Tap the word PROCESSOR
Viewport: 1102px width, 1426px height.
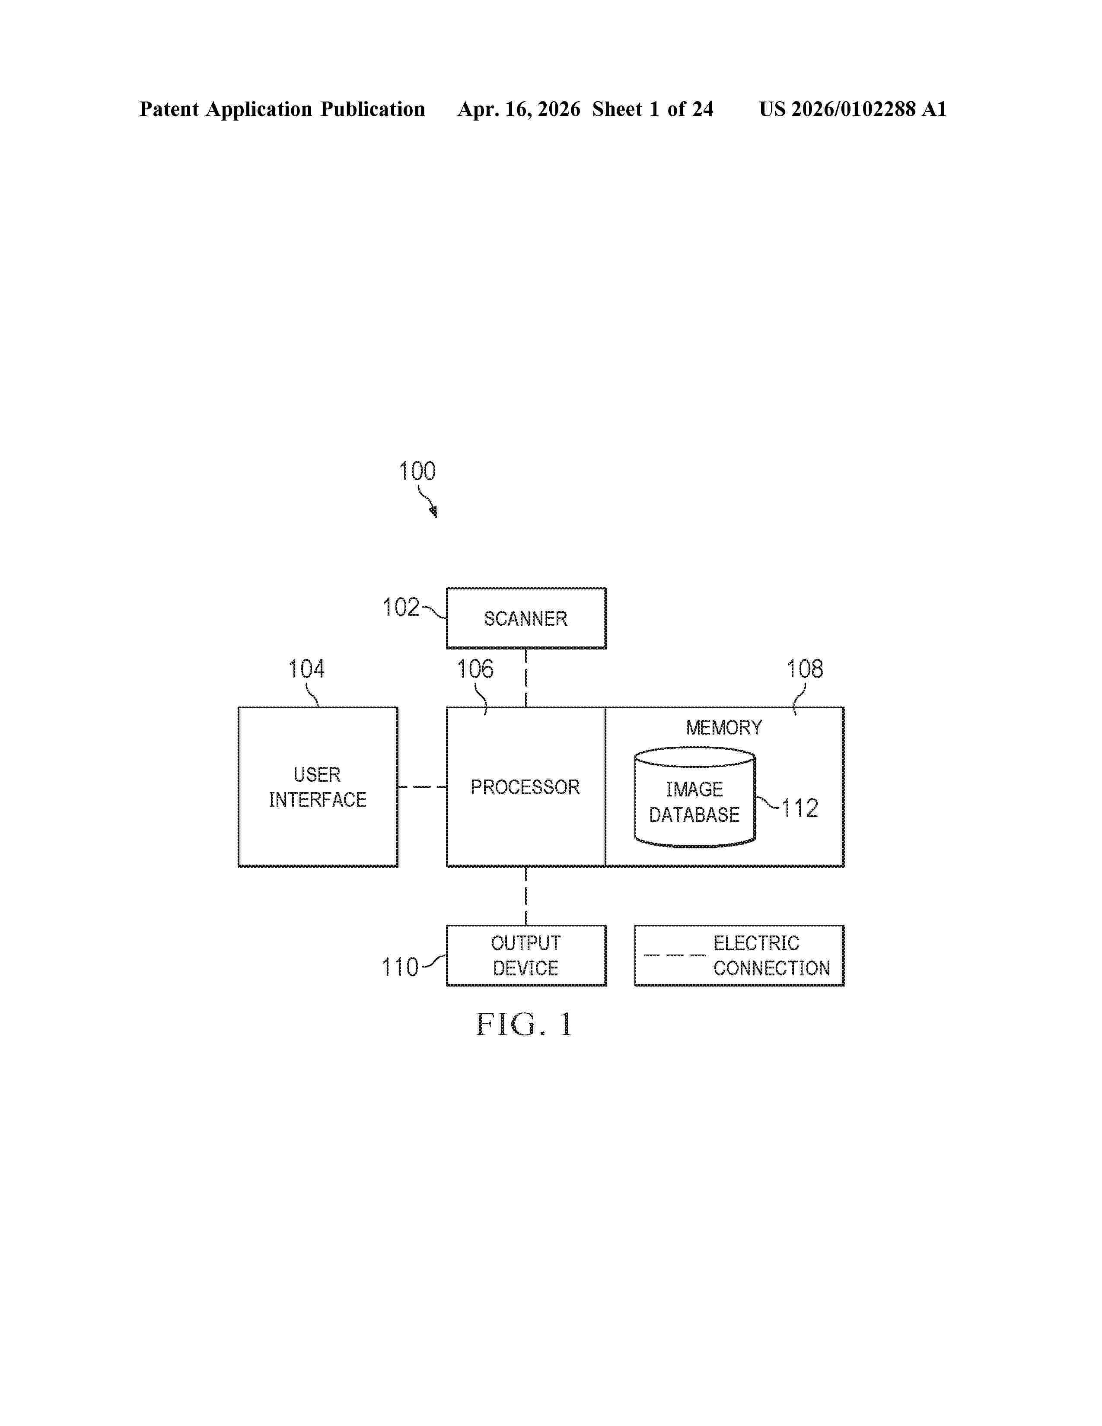point(525,787)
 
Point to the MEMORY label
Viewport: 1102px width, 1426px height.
point(723,727)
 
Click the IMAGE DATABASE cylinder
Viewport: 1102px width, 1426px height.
point(694,797)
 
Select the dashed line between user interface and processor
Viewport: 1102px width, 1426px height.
point(422,787)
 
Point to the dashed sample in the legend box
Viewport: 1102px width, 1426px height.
point(675,955)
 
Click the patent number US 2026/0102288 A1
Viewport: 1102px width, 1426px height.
point(853,109)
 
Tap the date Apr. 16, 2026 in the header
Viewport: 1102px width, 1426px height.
point(519,109)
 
